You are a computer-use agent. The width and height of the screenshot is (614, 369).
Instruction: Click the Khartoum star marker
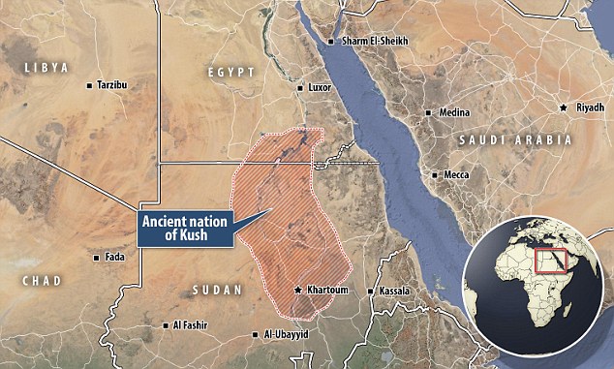(x=298, y=290)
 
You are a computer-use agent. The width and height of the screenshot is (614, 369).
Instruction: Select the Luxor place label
(x=321, y=88)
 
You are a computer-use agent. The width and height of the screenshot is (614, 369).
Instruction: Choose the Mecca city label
(x=456, y=174)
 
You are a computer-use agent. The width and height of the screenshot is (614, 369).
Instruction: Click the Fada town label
(x=113, y=258)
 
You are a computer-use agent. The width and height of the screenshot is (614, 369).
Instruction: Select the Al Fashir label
(x=192, y=327)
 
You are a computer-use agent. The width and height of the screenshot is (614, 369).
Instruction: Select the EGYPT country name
(x=231, y=73)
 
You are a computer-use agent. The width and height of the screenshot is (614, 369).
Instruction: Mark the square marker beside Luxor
(x=299, y=88)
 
